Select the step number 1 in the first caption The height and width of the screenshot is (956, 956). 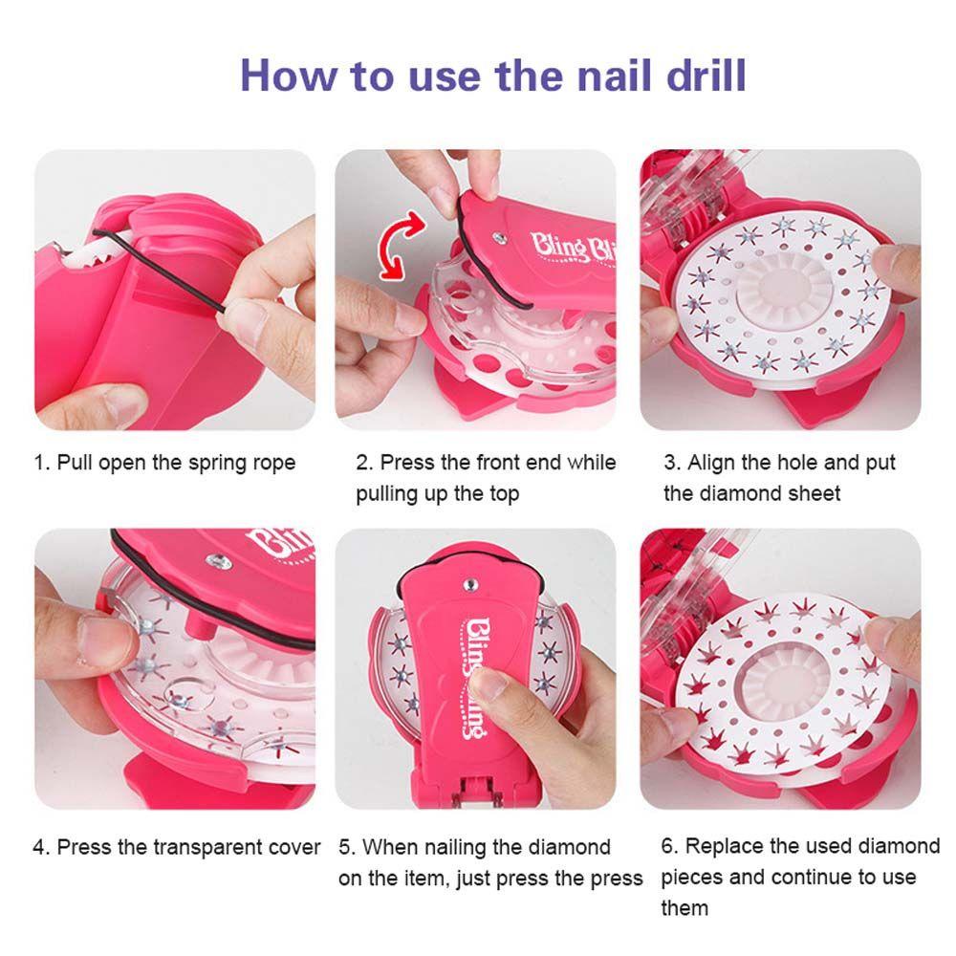[40, 464]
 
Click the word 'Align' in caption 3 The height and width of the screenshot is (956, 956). [711, 464]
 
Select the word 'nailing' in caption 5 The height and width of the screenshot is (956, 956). [475, 847]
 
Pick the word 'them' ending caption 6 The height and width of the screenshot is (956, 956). [684, 907]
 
